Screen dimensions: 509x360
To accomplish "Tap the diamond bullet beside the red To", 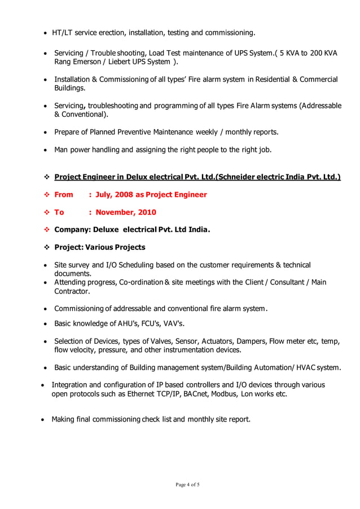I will [47, 212].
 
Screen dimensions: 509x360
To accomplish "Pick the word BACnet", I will [196, 394].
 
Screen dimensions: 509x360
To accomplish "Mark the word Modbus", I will [226, 394].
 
